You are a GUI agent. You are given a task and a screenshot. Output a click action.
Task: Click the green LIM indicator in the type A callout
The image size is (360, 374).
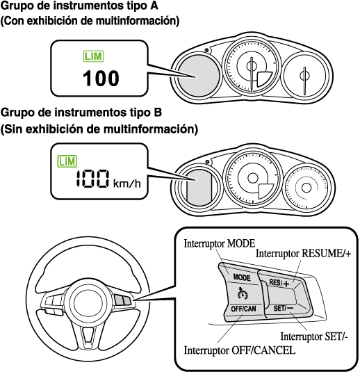[93, 56]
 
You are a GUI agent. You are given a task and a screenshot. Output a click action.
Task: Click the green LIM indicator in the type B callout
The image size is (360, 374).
[67, 161]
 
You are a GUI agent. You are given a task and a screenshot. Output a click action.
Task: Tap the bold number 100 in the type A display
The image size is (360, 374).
[101, 78]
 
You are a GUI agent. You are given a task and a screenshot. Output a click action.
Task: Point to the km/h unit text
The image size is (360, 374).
[127, 184]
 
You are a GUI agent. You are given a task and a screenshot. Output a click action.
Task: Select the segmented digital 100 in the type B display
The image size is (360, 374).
[93, 179]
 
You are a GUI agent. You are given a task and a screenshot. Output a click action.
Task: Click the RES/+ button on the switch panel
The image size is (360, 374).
[279, 283]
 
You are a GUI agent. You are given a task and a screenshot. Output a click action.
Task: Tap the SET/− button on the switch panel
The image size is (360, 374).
[284, 308]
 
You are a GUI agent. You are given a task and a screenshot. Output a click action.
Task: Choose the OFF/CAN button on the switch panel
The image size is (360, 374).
[243, 309]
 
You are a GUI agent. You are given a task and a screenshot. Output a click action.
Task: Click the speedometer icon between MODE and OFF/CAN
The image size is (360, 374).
[243, 293]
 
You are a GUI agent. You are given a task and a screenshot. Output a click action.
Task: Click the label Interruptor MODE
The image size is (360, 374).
[220, 244]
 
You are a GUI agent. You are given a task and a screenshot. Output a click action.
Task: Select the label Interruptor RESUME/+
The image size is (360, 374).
[303, 254]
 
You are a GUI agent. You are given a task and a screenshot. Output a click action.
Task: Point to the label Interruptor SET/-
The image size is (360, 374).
[314, 336]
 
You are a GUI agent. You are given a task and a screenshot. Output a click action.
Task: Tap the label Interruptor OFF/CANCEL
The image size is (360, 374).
[240, 350]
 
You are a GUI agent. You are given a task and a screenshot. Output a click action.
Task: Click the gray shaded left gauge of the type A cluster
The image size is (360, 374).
[199, 76]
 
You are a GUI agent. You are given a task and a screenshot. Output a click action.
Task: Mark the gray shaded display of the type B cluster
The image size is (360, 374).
[199, 188]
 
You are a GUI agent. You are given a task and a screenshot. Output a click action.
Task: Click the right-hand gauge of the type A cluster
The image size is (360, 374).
[304, 76]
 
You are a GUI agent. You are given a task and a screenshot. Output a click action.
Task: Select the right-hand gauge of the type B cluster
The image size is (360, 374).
[306, 188]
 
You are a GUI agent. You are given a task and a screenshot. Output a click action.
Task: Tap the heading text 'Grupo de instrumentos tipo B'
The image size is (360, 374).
[81, 113]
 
